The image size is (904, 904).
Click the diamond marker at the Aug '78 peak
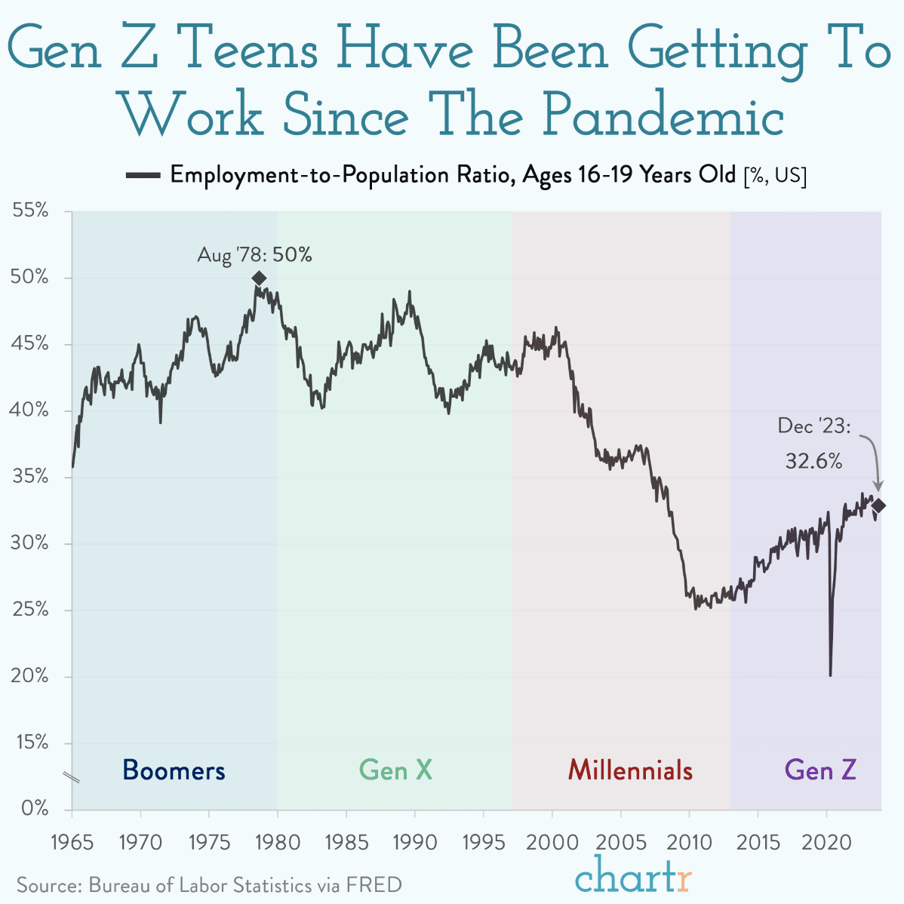point(260,278)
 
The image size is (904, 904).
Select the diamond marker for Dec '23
point(878,506)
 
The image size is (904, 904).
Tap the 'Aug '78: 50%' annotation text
point(254,255)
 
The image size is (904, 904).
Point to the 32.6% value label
point(813,461)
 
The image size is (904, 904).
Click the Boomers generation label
point(174,770)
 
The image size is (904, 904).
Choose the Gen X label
point(395,770)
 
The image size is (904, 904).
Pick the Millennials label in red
point(630,770)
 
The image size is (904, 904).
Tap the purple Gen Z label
point(820,770)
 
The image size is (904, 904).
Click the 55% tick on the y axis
point(30,211)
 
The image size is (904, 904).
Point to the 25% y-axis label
point(30,610)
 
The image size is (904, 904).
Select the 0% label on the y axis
point(35,808)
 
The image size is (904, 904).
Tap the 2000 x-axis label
point(552,843)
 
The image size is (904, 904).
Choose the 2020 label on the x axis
point(826,843)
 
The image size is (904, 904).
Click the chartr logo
point(633,875)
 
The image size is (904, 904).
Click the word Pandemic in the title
point(663,114)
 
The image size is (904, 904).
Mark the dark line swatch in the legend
point(143,175)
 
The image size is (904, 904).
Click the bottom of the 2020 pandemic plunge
point(830,675)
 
